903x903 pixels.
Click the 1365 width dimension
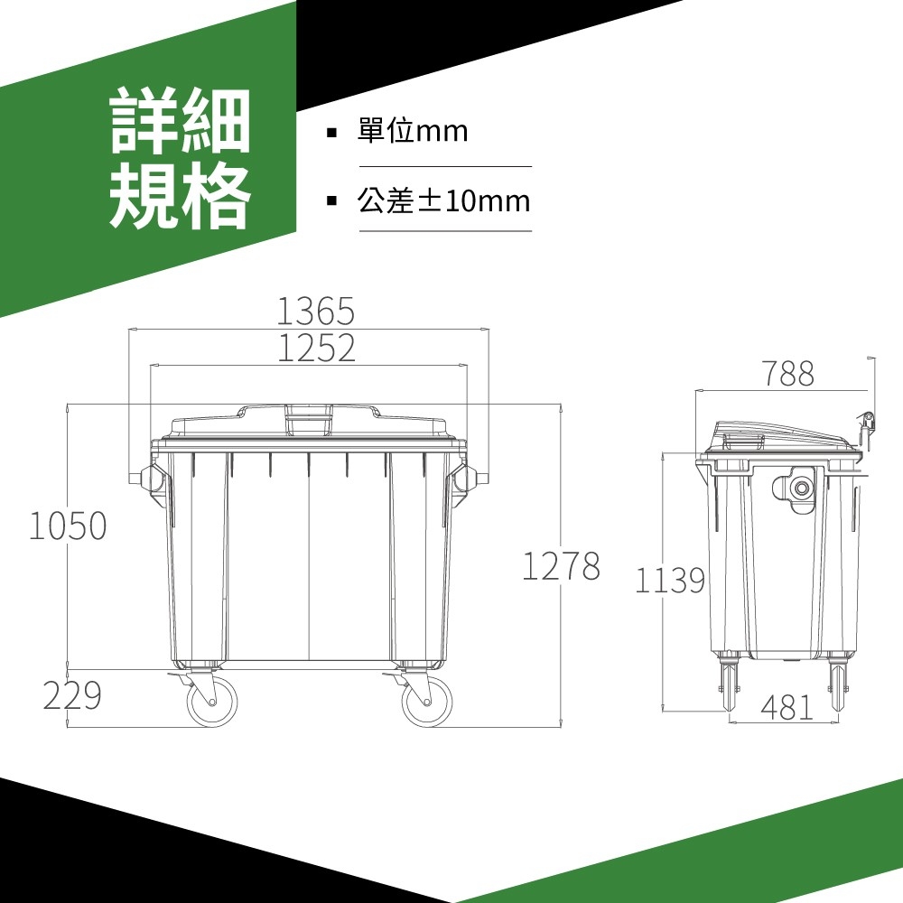(315, 311)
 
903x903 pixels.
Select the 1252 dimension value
(316, 348)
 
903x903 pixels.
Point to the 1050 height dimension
(68, 526)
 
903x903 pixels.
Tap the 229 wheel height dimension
(72, 695)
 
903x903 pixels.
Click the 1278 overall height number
(561, 565)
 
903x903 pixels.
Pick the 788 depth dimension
(788, 373)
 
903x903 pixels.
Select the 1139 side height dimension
(670, 580)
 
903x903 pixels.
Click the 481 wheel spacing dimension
(787, 707)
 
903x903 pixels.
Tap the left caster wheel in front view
(212, 701)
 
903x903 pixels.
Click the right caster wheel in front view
(426, 701)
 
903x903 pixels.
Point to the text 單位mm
(413, 131)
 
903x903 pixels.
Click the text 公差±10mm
(443, 201)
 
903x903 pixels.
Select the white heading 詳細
(181, 120)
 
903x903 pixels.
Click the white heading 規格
(181, 195)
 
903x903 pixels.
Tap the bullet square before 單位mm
(331, 133)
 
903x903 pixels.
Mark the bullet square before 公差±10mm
(331, 201)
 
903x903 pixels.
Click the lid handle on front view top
(310, 419)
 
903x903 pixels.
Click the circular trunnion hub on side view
(801, 489)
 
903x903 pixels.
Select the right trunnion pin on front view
(482, 478)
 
